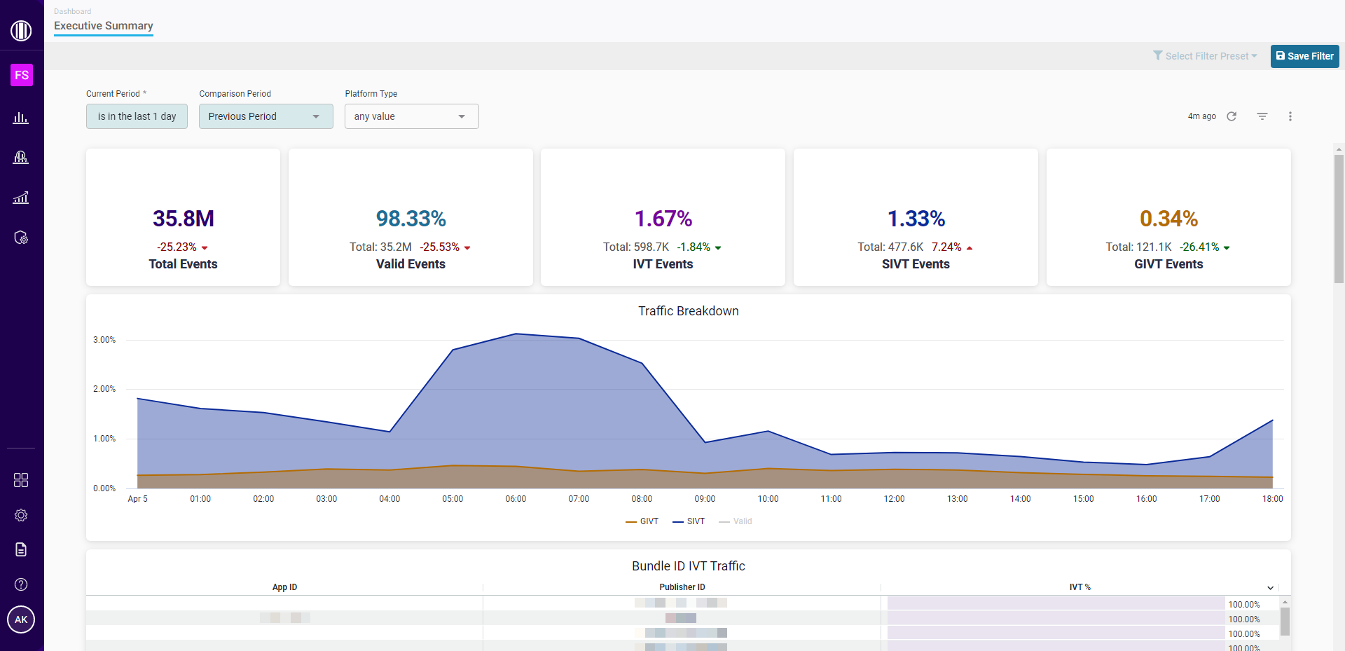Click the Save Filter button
coord(1304,56)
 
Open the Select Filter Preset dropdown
coord(1205,56)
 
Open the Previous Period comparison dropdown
coord(265,116)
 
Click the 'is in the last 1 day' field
coord(137,116)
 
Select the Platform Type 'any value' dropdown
coord(411,116)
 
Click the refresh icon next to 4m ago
coord(1232,116)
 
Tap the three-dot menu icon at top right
coord(1290,116)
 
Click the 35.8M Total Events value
coord(183,219)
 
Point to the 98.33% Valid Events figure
coord(411,219)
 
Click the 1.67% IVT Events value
coord(663,219)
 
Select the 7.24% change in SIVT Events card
coord(947,247)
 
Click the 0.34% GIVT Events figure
coord(1168,219)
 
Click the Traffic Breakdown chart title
coord(688,311)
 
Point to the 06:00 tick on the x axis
coord(516,499)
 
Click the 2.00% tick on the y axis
coord(104,389)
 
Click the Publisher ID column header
coord(682,587)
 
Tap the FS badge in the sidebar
coord(22,75)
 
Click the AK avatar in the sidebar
coord(21,619)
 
